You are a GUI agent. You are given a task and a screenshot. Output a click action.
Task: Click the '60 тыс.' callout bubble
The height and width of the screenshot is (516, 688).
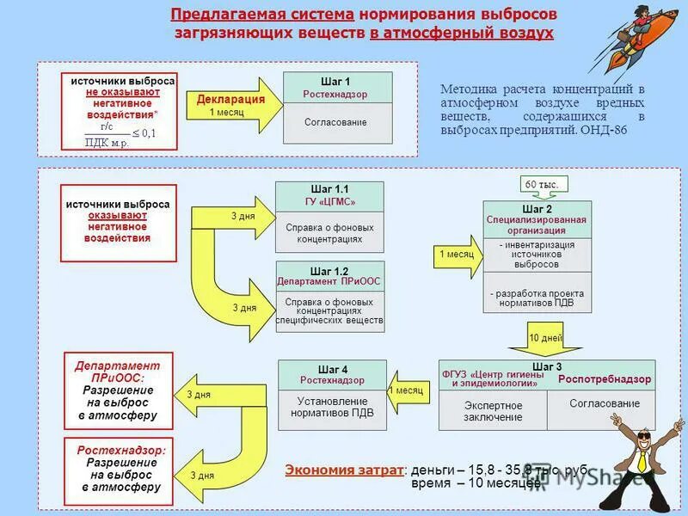click(542, 185)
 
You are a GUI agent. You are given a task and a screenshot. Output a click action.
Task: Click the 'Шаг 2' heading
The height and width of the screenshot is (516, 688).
click(537, 208)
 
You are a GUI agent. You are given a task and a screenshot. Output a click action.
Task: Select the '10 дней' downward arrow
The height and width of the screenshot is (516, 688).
click(545, 339)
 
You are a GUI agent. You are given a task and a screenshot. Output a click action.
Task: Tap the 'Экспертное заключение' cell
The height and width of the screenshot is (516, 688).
click(493, 411)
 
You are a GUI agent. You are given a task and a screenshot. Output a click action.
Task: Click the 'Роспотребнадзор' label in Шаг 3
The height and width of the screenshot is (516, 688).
click(605, 379)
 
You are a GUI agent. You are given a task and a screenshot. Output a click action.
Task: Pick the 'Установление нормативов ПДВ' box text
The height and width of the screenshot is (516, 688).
click(332, 407)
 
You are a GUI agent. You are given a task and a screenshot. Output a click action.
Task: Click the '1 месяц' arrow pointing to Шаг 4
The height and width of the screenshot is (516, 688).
click(407, 390)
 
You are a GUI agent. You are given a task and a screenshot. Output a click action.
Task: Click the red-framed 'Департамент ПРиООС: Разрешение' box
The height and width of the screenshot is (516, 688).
click(119, 390)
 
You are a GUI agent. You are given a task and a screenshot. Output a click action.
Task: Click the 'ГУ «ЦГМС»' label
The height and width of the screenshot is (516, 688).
click(329, 202)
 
